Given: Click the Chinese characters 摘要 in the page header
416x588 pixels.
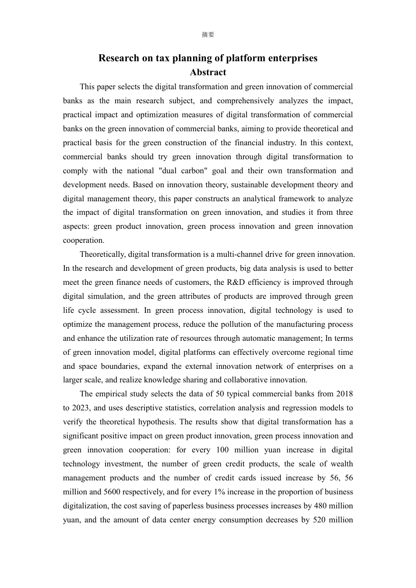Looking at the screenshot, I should coord(208,35).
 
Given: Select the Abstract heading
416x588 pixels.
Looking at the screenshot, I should coord(208,73).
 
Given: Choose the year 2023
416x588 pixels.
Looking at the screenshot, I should coord(71,408).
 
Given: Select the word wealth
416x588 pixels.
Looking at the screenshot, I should coord(342,464).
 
